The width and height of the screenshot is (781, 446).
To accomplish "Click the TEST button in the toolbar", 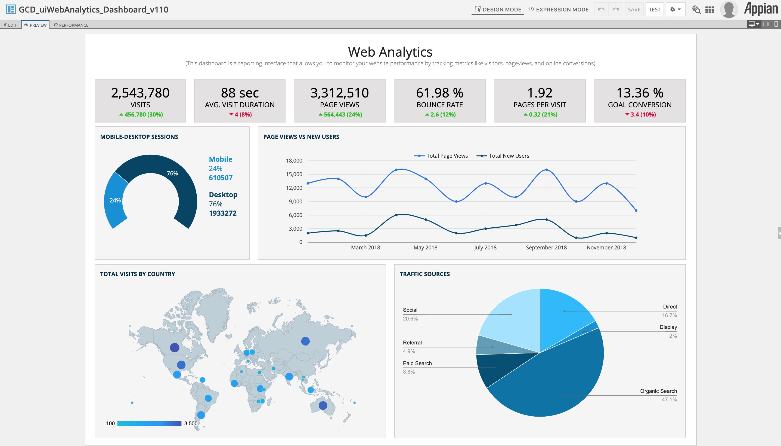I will (654, 10).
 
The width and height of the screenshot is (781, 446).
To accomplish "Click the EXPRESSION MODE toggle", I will (558, 10).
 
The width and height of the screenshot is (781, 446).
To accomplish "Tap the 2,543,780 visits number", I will (140, 93).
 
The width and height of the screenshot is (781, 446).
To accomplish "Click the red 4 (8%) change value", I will (240, 115).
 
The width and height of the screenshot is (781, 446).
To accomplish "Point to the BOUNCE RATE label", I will (439, 105).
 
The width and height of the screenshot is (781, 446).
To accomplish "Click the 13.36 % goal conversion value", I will (639, 93).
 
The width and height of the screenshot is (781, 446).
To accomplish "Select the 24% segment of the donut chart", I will (115, 200).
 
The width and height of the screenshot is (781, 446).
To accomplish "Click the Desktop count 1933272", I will (222, 213).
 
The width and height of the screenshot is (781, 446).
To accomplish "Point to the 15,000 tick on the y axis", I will (294, 174).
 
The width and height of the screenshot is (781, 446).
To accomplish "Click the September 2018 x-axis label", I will (546, 248).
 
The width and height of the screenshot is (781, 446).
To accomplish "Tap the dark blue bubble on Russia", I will (305, 341).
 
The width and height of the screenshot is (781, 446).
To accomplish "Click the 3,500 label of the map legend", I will (191, 423).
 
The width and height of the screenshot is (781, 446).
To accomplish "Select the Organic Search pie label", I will (658, 391).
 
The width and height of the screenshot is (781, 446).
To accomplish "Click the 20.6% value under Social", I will (410, 319).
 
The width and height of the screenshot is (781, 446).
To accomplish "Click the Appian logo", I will (761, 9).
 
